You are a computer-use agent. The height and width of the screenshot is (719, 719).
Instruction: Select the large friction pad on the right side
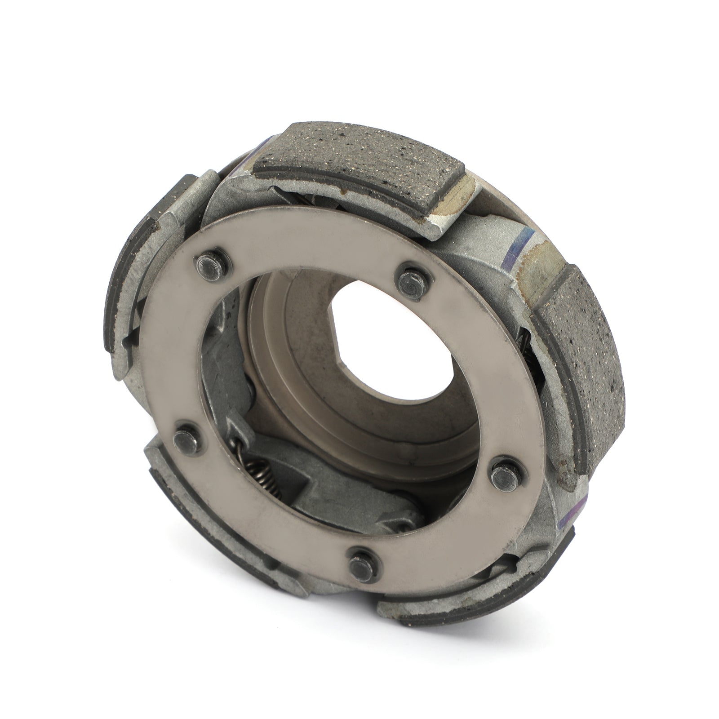(x=580, y=337)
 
